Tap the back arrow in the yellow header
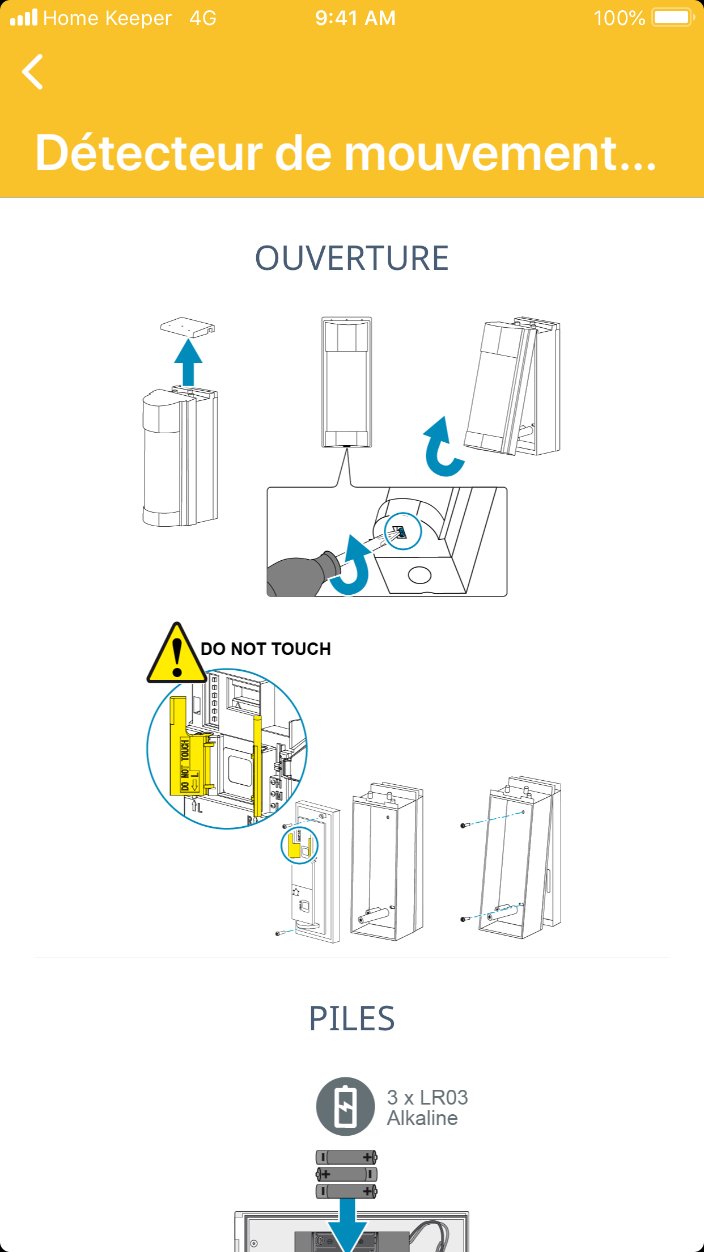(x=32, y=72)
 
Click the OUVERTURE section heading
(x=352, y=259)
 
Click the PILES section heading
(x=352, y=1018)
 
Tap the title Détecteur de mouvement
(x=346, y=153)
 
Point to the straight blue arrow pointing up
(x=188, y=362)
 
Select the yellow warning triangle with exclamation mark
(x=177, y=653)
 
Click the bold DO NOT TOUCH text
(x=266, y=649)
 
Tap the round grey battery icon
(x=345, y=1106)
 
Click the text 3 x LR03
(x=427, y=1097)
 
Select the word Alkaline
(x=422, y=1118)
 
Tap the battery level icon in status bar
(x=673, y=18)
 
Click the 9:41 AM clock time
(x=355, y=18)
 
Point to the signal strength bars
(x=24, y=18)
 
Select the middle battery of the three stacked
(x=346, y=1174)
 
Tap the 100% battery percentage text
(x=619, y=18)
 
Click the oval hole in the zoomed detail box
(x=419, y=575)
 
